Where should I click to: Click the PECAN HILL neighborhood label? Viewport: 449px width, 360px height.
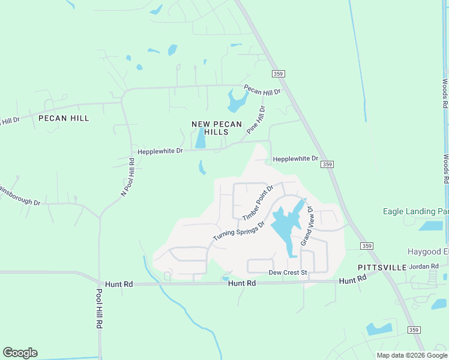pyautogui.click(x=64, y=118)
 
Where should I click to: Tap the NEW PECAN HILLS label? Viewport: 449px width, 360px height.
pyautogui.click(x=217, y=128)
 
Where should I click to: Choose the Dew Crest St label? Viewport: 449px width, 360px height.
pyautogui.click(x=288, y=272)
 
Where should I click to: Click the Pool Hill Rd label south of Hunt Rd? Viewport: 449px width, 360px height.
pyautogui.click(x=100, y=308)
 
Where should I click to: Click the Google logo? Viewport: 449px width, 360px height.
pyautogui.click(x=20, y=353)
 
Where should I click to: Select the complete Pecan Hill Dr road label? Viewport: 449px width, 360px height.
pyautogui.click(x=262, y=91)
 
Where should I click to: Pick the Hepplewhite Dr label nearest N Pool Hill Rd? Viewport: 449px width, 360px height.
pyautogui.click(x=160, y=151)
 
